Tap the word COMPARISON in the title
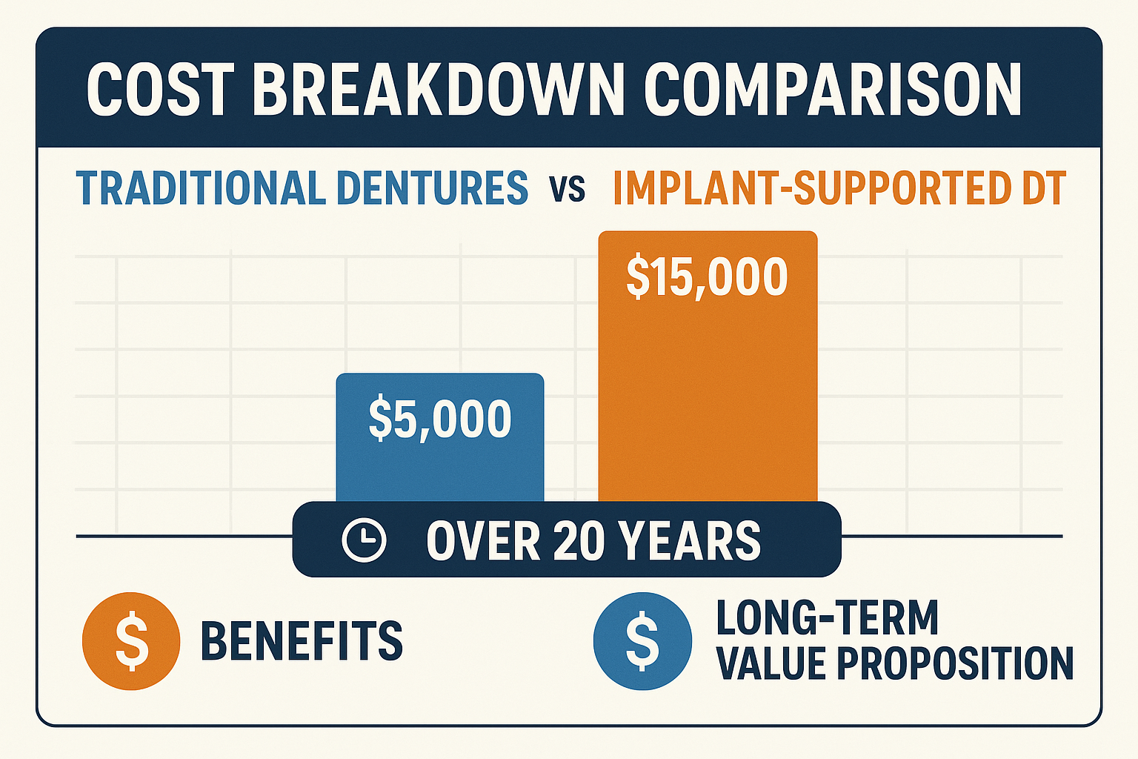[832, 90]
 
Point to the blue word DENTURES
[432, 188]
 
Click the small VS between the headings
[568, 190]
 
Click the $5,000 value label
[440, 420]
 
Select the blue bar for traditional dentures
[440, 467]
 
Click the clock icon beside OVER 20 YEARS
[364, 540]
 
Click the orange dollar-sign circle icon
[131, 641]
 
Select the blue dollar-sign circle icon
[642, 641]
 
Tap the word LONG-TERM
[827, 618]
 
